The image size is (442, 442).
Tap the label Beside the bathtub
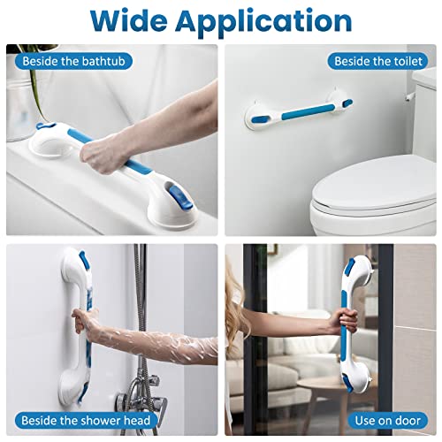62,62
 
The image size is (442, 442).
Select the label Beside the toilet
378,62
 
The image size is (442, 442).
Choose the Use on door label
387,420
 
